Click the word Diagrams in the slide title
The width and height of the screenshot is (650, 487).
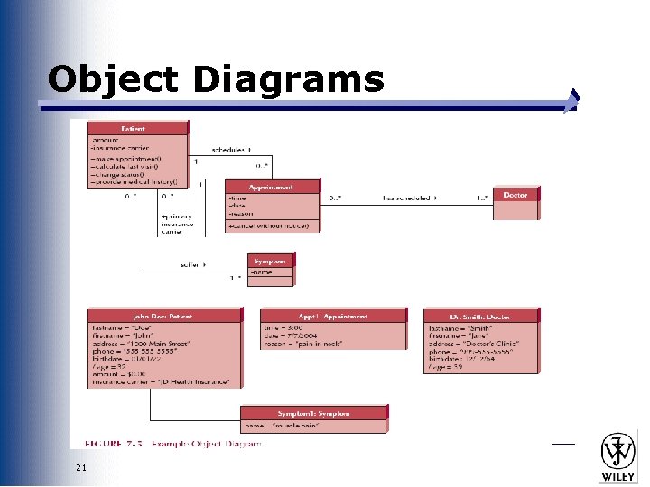tap(288, 79)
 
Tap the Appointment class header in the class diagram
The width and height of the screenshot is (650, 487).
tap(272, 187)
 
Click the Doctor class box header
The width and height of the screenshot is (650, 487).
tap(516, 194)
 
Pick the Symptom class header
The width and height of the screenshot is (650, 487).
tap(272, 262)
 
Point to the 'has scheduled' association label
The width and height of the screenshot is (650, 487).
tap(409, 197)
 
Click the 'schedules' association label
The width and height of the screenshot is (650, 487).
tap(231, 150)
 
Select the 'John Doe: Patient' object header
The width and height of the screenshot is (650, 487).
tap(164, 317)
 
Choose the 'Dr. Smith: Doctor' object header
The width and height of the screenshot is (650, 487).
tap(481, 317)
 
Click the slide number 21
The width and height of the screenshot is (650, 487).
tap(82, 466)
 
